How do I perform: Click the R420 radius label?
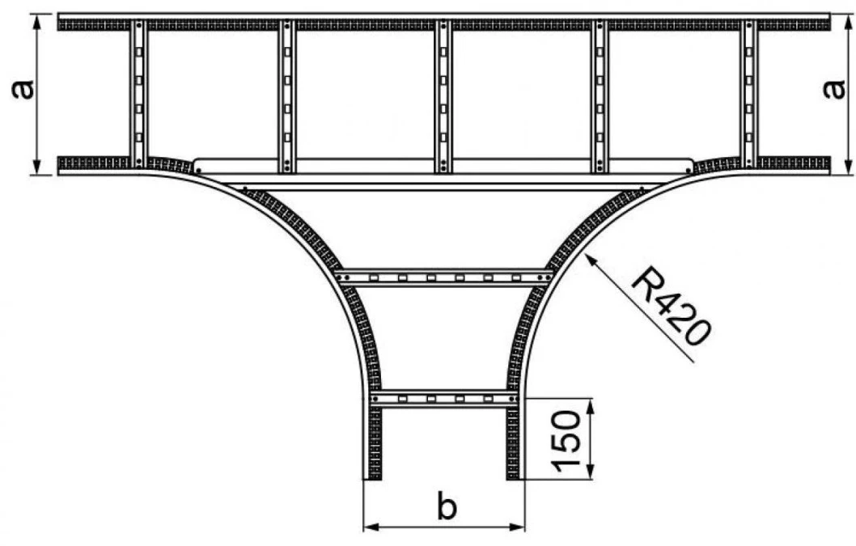(672, 307)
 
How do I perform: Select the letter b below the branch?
(447, 506)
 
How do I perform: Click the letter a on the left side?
(23, 90)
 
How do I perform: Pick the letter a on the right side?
(833, 90)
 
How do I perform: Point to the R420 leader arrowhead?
(591, 261)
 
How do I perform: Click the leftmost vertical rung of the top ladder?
(138, 94)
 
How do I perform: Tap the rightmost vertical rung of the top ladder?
(749, 94)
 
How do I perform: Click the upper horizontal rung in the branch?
(444, 278)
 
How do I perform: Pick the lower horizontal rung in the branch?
(444, 399)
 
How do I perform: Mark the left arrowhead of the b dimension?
(371, 527)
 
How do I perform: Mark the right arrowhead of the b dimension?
(517, 527)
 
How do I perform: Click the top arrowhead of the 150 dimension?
(590, 406)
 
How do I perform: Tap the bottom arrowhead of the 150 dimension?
(590, 472)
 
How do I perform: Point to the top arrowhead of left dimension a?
(36, 23)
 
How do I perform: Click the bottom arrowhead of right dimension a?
(847, 167)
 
